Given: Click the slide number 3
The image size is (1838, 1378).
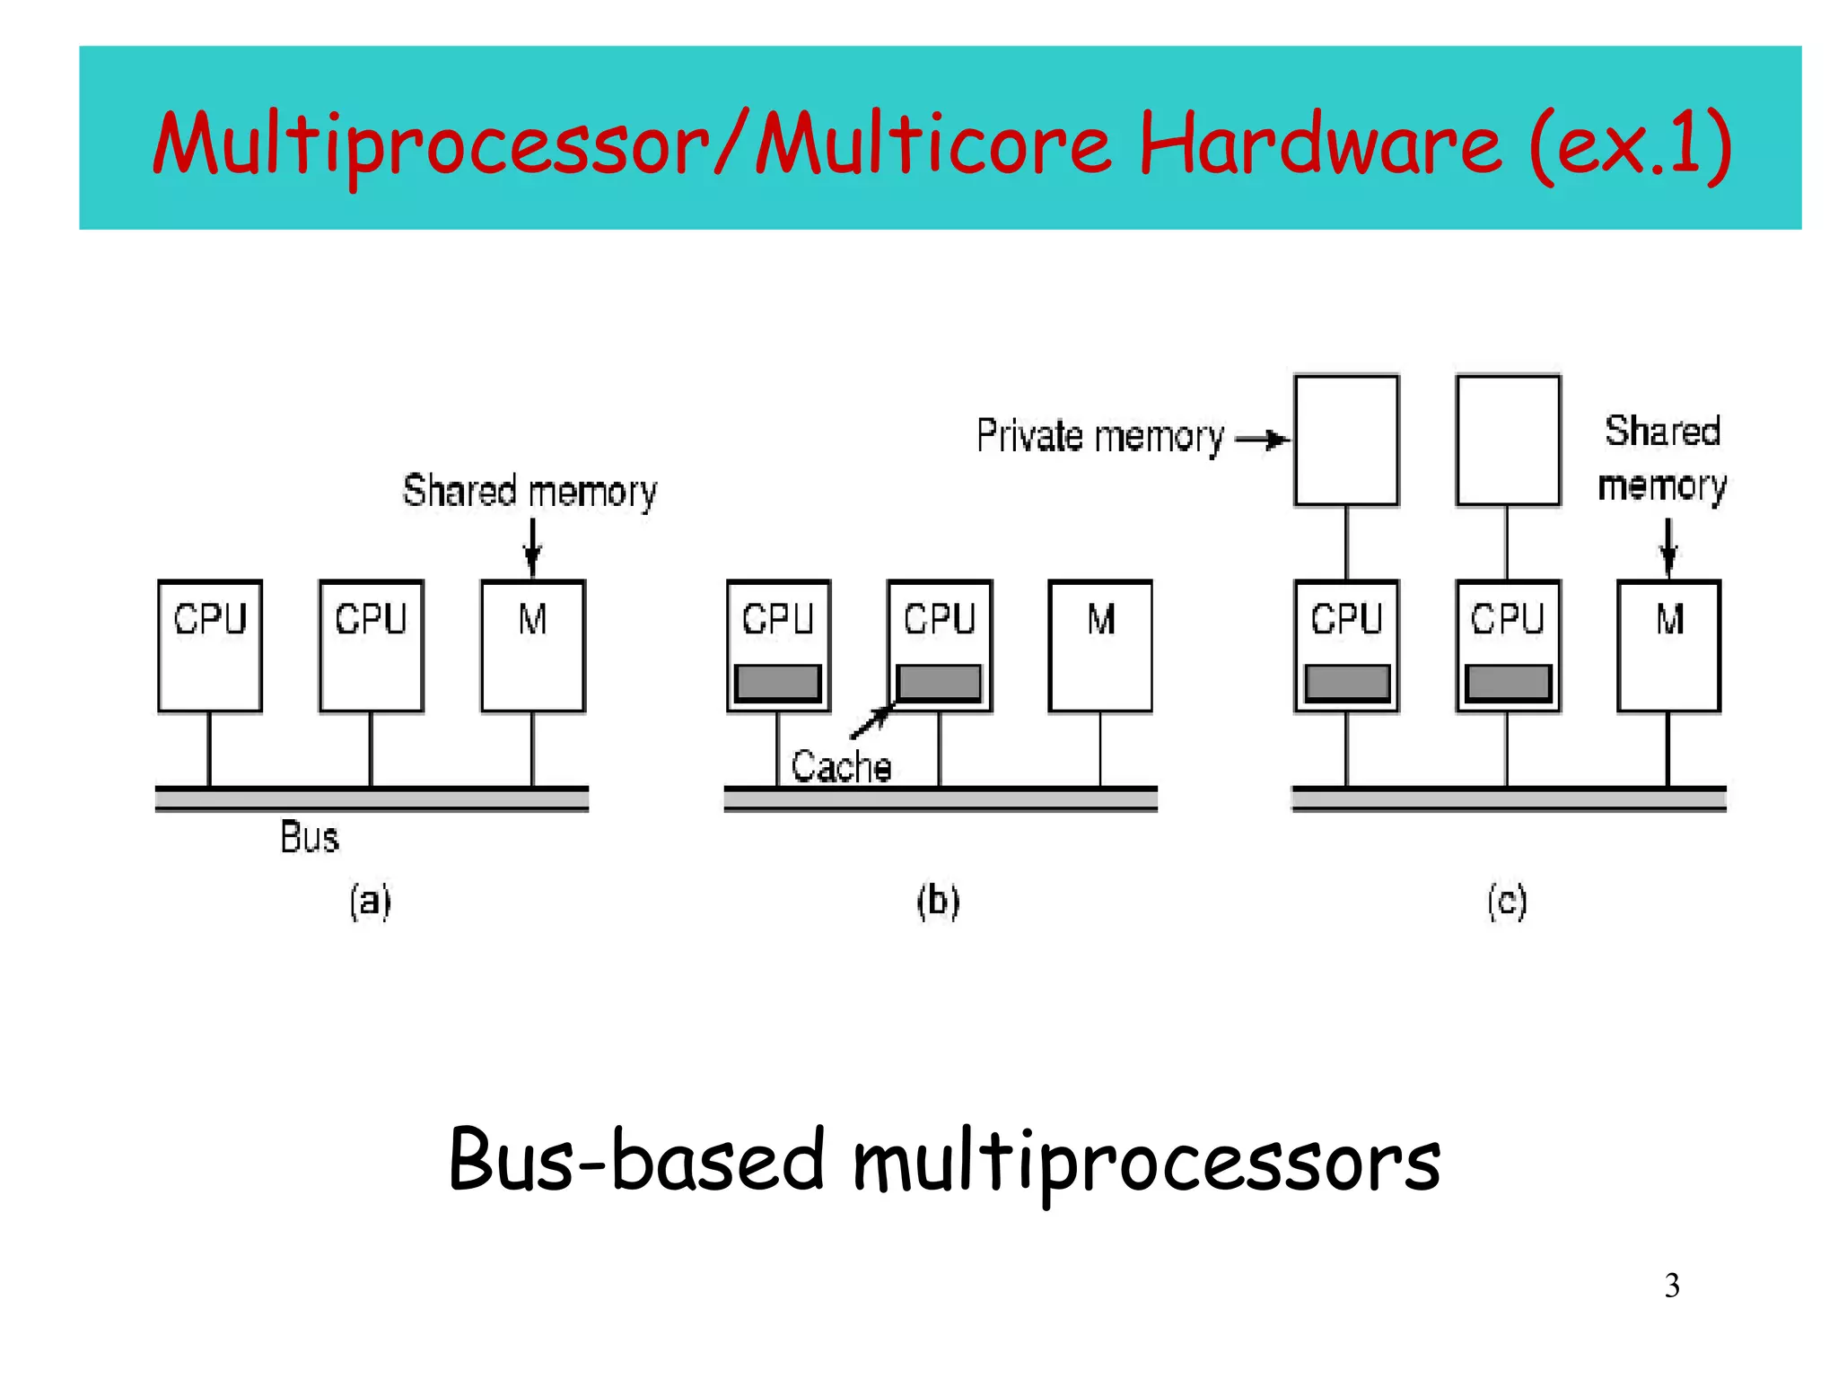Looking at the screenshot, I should pos(1671,1286).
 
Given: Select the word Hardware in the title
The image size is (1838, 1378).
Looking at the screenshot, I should pos(1319,144).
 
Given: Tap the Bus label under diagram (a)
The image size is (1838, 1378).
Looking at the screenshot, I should pos(310,837).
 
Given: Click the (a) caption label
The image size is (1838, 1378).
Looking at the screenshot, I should pos(370,901).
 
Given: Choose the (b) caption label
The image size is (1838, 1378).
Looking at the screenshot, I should pos(938,901).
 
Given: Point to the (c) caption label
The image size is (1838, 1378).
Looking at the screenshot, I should pos(1507,901).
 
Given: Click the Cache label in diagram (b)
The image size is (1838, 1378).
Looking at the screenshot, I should pos(841,767).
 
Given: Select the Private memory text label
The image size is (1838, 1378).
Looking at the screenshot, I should pos(1100,437).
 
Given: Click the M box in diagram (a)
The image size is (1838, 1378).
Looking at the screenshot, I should pos(533,646).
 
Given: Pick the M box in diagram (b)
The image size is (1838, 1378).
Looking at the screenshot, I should pos(1100,646).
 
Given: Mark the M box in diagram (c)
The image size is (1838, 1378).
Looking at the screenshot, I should pos(1668,646).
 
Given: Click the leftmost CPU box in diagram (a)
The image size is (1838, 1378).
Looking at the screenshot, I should pos(210,646).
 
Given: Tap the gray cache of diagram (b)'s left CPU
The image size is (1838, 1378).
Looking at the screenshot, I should pos(778,684).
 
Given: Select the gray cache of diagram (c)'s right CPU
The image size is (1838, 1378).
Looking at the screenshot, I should pos(1508,684).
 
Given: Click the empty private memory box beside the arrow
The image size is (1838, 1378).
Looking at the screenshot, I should pos(1346,440).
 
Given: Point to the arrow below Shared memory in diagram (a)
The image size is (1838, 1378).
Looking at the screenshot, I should pos(532,547).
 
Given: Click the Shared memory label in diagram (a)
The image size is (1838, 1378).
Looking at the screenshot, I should pos(530,492).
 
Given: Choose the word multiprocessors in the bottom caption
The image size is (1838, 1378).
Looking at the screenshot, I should pos(1145,1163).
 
